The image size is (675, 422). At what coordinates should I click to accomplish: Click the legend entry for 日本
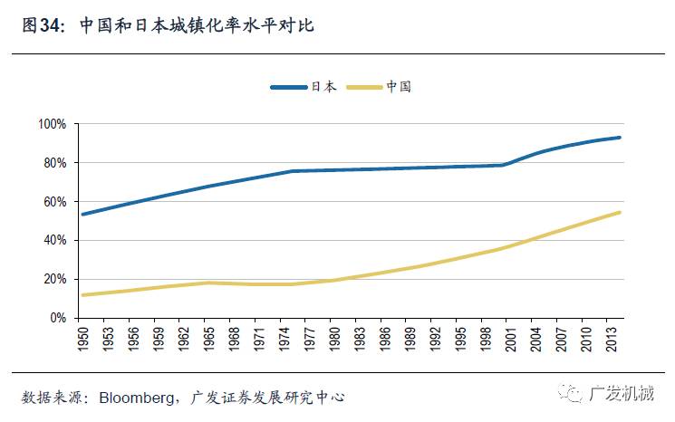(304, 87)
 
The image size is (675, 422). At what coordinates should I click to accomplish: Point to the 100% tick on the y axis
(53, 124)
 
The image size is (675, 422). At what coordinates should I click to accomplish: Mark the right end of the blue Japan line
(620, 138)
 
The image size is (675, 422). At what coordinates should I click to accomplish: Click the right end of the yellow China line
(620, 213)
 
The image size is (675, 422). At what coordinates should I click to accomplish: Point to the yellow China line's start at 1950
(82, 295)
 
